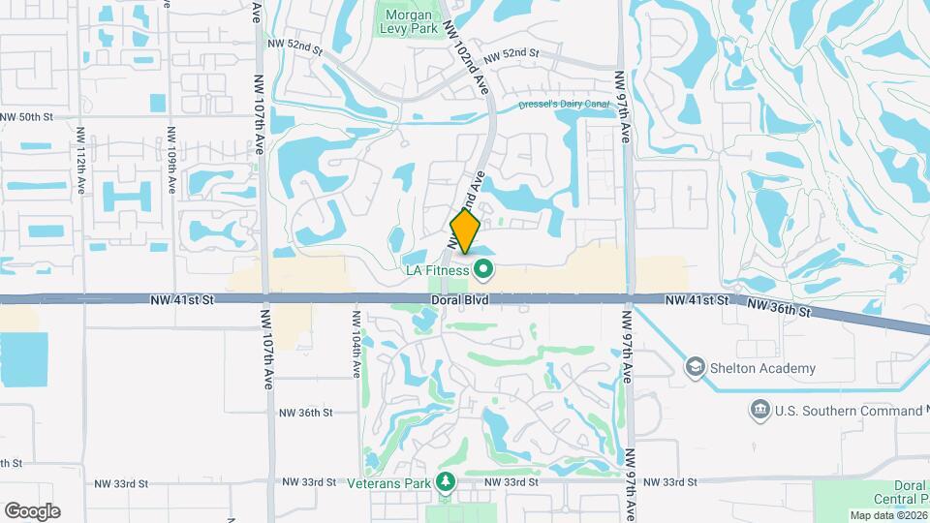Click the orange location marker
tap(465, 233)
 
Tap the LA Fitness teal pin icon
tap(482, 270)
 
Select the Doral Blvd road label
tap(460, 301)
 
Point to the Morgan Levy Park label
tap(409, 22)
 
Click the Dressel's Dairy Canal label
tap(562, 104)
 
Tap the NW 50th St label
tap(25, 117)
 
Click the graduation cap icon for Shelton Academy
tap(695, 368)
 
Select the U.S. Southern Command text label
tap(840, 411)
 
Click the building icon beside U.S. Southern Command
tap(759, 411)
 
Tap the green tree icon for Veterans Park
tap(446, 481)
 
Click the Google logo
tap(32, 511)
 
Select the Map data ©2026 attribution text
tap(887, 515)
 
